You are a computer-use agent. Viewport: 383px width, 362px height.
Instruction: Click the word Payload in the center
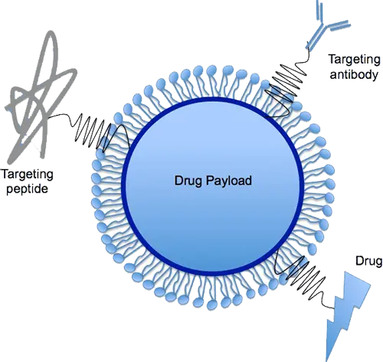pos(229,181)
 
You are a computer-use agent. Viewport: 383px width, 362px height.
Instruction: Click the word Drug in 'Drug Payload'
pos(188,181)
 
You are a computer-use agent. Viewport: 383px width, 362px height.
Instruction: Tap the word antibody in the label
pos(354,75)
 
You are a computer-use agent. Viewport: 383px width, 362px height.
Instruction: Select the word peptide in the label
pos(27,189)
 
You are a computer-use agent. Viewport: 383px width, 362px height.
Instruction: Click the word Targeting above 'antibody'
pos(355,60)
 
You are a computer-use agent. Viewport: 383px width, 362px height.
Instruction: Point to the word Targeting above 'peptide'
pos(28,174)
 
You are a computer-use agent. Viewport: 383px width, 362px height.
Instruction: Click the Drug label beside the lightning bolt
pos(368,261)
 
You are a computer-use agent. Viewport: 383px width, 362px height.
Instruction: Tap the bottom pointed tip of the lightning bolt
pos(327,360)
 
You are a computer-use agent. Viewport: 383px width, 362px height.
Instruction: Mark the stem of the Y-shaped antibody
pos(315,38)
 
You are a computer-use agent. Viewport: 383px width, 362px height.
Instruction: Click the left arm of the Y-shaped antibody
pos(319,11)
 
